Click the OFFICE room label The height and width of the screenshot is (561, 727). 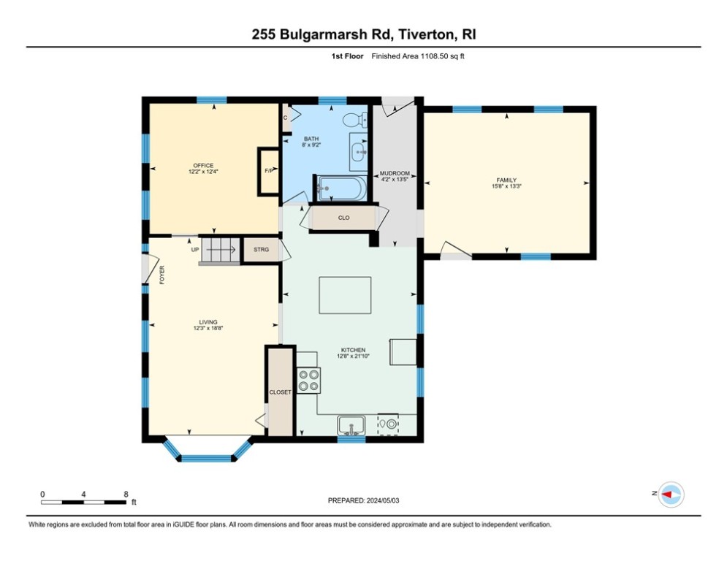(x=203, y=166)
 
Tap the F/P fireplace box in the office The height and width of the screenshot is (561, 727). (x=268, y=171)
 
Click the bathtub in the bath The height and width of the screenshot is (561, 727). (x=340, y=188)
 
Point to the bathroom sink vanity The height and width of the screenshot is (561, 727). (x=359, y=152)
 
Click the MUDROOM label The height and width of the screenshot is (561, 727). (x=395, y=174)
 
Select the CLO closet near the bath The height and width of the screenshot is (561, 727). (x=343, y=218)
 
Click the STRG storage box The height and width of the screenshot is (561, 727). (x=261, y=250)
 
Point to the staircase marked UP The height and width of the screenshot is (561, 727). (x=218, y=250)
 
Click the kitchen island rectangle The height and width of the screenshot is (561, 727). (x=345, y=295)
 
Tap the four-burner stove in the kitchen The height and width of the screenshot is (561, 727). (x=308, y=380)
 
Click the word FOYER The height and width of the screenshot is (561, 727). (x=162, y=274)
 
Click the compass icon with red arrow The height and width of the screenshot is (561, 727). (x=669, y=495)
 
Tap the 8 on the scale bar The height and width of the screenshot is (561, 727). (x=126, y=494)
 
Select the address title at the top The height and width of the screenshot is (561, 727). (x=363, y=34)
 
